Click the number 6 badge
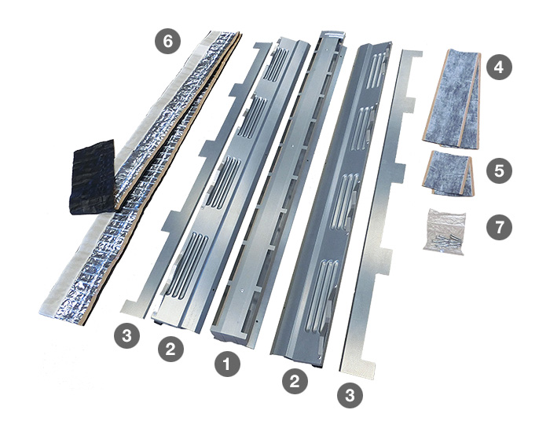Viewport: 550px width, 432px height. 168,41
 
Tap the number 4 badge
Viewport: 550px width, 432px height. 499,67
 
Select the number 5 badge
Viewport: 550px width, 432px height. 499,170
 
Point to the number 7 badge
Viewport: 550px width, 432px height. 499,227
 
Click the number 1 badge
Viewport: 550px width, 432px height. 227,364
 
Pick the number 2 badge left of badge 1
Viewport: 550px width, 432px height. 170,349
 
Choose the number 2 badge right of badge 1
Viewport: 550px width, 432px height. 295,381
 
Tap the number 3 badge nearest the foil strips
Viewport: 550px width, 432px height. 126,335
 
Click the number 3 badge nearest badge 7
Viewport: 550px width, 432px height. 350,396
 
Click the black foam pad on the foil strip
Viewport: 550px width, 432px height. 93,177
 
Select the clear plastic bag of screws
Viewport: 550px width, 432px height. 445,229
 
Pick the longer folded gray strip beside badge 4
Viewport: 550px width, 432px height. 452,98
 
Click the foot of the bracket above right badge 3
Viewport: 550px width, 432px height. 357,364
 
